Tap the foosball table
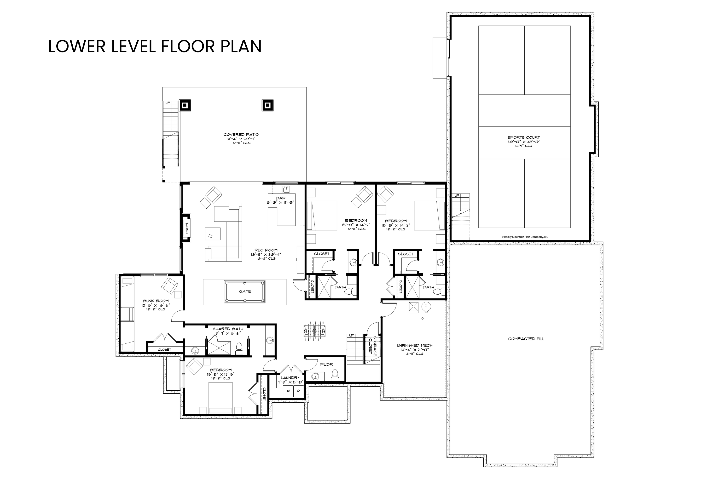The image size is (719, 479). tap(314, 331)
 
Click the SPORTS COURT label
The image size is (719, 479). tap(524, 137)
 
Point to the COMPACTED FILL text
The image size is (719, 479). tap(526, 339)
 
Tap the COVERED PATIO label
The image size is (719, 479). tap(241, 134)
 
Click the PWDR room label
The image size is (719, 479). tap(326, 365)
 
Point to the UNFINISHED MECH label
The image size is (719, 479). tap(415, 346)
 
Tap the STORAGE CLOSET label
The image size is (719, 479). tap(373, 346)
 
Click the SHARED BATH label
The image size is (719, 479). tap(228, 329)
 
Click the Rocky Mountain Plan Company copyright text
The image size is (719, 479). tap(525, 237)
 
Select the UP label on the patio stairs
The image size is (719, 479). tap(168, 103)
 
